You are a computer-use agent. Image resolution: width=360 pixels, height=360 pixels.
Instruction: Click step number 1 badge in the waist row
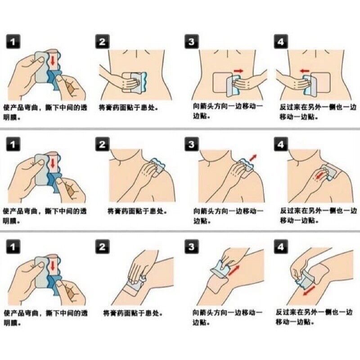point(13,41)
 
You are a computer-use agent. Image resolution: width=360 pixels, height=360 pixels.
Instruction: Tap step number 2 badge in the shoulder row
point(103,144)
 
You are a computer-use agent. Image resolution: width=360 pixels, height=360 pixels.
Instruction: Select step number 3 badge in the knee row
point(192,247)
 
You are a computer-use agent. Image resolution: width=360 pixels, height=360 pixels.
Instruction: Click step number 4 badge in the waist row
point(281,41)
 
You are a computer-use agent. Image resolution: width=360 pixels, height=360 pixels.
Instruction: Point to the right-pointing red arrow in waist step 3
point(238,71)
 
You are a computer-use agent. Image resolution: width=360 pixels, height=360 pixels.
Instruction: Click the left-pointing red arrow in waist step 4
point(305,71)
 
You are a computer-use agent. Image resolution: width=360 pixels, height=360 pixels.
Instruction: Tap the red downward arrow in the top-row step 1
point(53,60)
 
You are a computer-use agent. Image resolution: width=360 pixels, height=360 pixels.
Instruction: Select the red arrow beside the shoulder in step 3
point(253,158)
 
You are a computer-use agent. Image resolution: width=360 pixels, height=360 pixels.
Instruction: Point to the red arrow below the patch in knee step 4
point(309,291)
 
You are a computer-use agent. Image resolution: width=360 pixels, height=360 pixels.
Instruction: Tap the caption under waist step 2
point(128,107)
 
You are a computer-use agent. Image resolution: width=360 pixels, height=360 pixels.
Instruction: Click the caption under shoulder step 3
point(228,216)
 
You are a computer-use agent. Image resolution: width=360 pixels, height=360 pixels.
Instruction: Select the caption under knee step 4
point(314,317)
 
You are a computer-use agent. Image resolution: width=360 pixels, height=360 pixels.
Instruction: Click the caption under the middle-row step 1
point(45,216)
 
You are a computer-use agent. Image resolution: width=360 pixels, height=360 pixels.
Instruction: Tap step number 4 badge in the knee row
point(281,247)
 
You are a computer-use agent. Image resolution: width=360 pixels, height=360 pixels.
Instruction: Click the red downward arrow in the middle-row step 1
point(53,163)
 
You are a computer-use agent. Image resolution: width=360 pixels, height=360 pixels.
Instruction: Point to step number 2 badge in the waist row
point(103,41)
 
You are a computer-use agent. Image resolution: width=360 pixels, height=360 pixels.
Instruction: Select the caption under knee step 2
point(133,313)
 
